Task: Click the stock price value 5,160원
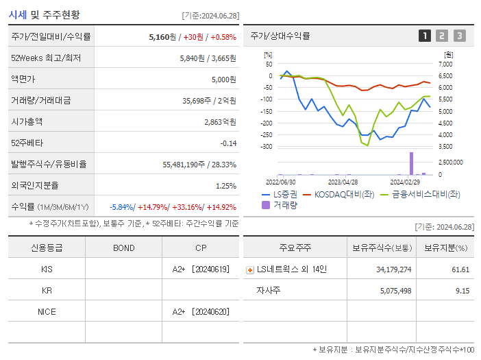pyautogui.click(x=163, y=36)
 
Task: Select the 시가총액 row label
pyautogui.click(x=27, y=121)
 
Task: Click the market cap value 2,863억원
pyautogui.click(x=220, y=121)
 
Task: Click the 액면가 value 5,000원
pyautogui.click(x=223, y=79)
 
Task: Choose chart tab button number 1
pyautogui.click(x=425, y=36)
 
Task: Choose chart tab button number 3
pyautogui.click(x=459, y=36)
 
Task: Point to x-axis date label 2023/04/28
pyautogui.click(x=343, y=182)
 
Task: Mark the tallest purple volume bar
pyautogui.click(x=411, y=163)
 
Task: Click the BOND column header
pyautogui.click(x=123, y=248)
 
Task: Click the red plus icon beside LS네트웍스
pyautogui.click(x=250, y=269)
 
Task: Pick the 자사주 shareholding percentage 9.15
pyautogui.click(x=460, y=291)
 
